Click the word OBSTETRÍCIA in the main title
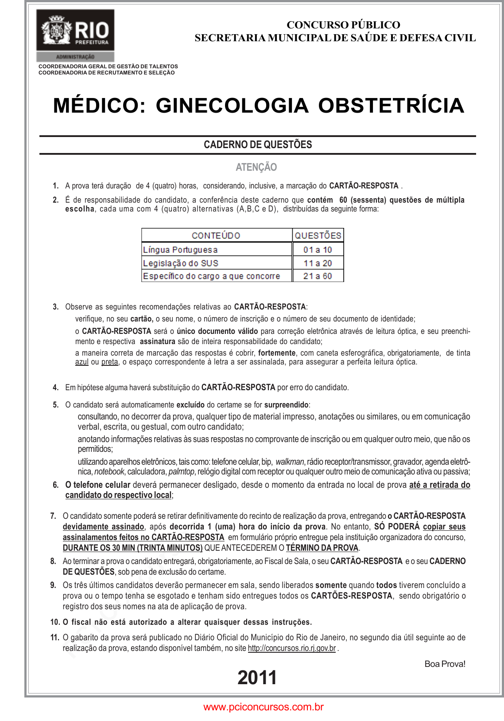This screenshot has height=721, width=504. (x=391, y=106)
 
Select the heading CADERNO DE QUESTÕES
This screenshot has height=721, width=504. (x=258, y=145)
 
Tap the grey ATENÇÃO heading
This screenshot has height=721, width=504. (x=256, y=167)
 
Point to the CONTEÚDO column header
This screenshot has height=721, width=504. (x=216, y=235)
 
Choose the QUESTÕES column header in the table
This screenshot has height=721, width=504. (x=318, y=235)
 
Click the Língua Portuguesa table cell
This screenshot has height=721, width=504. (x=180, y=250)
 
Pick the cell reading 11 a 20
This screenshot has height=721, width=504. (x=318, y=263)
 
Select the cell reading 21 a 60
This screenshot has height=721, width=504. (x=318, y=276)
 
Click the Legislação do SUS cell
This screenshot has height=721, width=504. (x=181, y=263)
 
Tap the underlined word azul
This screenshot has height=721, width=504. (x=81, y=362)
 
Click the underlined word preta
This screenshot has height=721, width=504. (x=109, y=362)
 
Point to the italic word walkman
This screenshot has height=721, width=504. (x=290, y=462)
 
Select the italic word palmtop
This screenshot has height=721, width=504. (x=181, y=472)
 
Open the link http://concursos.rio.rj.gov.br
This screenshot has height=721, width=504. (x=291, y=648)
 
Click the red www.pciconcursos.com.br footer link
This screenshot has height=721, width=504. (x=264, y=707)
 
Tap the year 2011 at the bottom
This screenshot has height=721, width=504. (x=257, y=678)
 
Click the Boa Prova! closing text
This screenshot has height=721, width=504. (x=445, y=664)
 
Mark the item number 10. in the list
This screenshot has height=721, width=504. (x=55, y=622)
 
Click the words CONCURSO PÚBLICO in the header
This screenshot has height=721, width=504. (x=343, y=25)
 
